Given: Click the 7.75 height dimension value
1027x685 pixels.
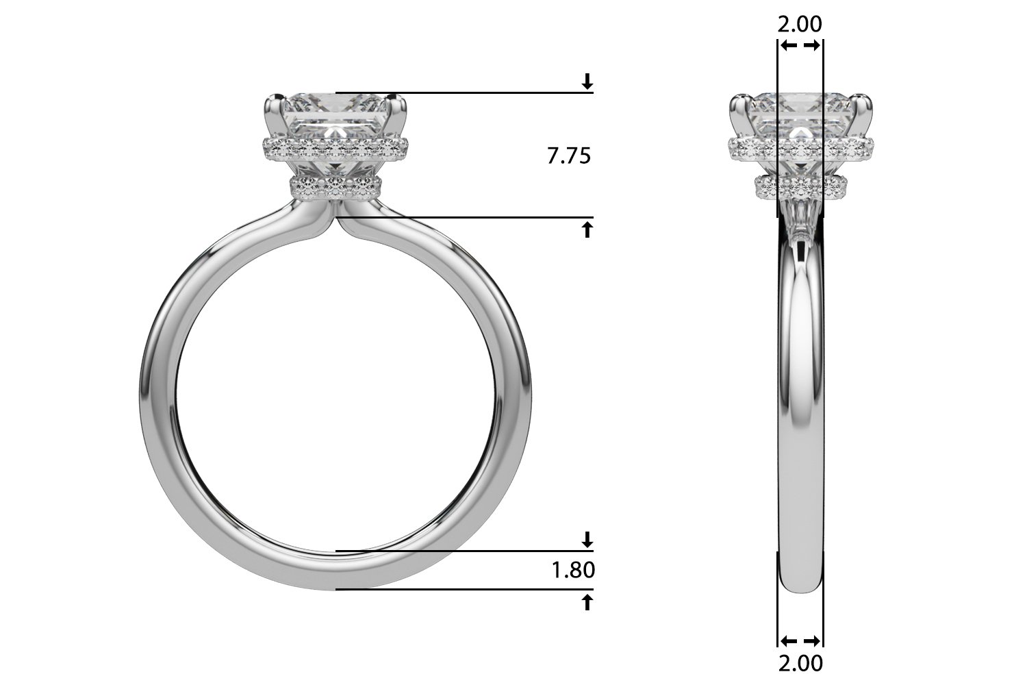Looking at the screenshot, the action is (x=569, y=156).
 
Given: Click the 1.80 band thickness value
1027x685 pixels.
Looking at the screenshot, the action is (x=573, y=571).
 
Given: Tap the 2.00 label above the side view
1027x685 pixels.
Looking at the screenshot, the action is (x=800, y=24).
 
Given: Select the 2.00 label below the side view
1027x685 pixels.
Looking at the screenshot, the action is (x=800, y=664).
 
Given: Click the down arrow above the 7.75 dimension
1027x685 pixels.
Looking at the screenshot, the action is (x=587, y=82).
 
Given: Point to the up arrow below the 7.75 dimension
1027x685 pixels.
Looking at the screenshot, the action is (x=587, y=229).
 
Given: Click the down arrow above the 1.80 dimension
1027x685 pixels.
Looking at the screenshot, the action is (x=587, y=540).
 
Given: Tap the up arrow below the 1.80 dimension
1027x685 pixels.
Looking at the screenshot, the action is (x=587, y=602).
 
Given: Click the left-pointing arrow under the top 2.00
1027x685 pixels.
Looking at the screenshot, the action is (x=789, y=45).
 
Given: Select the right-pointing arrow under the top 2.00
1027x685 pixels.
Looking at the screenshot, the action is (x=812, y=45).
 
